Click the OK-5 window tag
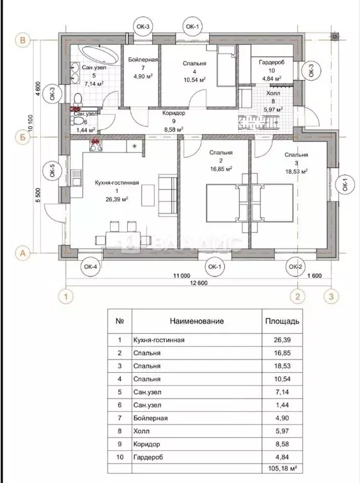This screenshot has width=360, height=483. click(52, 170)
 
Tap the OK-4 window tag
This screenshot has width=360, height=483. click(91, 266)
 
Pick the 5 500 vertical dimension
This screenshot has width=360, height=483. click(38, 196)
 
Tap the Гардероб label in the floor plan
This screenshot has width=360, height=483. click(269, 62)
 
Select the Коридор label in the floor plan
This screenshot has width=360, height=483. click(173, 114)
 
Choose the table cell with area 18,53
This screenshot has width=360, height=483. click(281, 366)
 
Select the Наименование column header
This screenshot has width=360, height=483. click(197, 321)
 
